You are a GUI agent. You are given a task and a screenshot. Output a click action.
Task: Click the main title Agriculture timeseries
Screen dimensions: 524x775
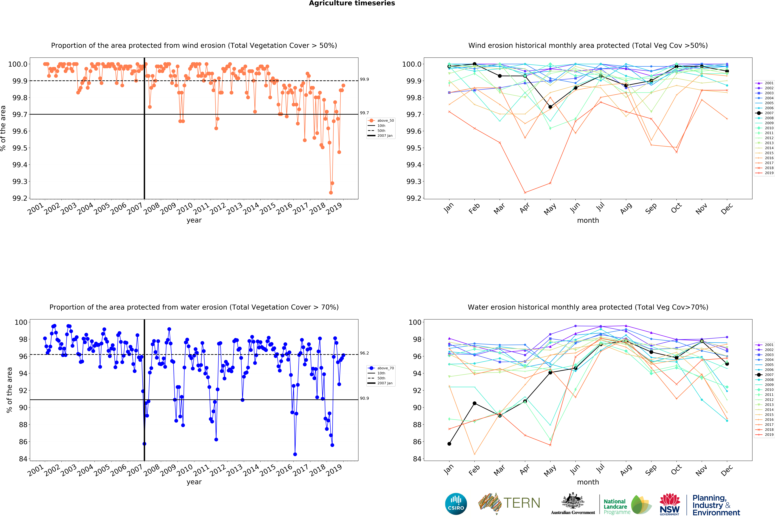pyautogui.click(x=352, y=3)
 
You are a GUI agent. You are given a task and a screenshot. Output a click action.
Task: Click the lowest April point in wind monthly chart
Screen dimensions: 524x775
pyautogui.click(x=525, y=193)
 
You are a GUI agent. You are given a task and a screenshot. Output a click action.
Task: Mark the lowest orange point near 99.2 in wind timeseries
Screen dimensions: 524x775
pyautogui.click(x=331, y=193)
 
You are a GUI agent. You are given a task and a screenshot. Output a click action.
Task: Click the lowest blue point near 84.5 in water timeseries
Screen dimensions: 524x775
pyautogui.click(x=295, y=454)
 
